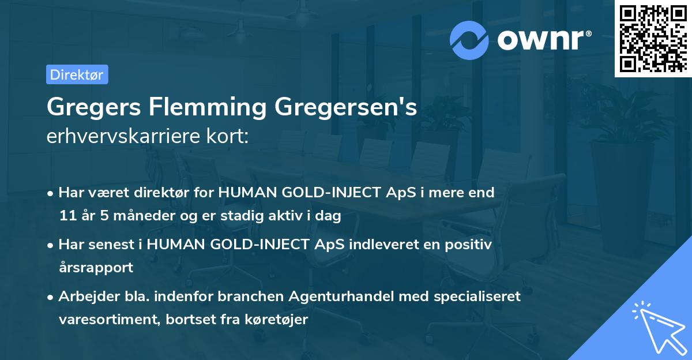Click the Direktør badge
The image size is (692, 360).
(77, 74)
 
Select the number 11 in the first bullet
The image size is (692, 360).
(66, 216)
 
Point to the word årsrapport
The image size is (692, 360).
(96, 268)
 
